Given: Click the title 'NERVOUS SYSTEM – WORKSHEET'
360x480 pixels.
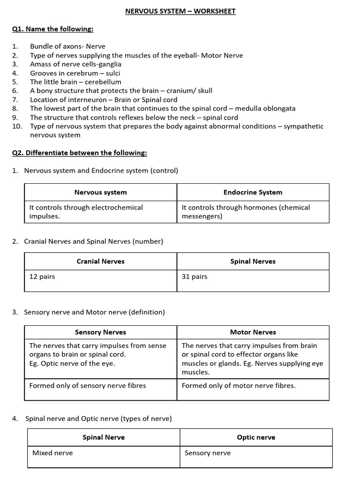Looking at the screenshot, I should coord(180,11).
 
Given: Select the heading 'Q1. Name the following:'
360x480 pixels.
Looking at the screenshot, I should coord(52,29).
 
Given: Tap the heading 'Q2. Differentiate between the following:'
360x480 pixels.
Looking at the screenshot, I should coord(79,153).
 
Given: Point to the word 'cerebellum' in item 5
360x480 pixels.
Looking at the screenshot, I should coord(103,82).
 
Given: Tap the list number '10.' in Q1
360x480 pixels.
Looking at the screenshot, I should coord(17,126).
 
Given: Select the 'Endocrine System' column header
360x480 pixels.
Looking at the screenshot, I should coord(253,192).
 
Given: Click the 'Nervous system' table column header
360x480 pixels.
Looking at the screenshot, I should coord(100,192).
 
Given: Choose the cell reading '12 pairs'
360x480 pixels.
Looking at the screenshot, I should coord(42,277).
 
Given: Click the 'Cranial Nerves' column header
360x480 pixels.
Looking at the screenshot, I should coord(100,261).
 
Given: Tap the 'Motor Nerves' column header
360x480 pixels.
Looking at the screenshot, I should coord(253,332).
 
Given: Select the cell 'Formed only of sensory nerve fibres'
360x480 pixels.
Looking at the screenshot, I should coord(88,385).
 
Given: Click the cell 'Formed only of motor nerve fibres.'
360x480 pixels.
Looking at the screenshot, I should coord(239,385).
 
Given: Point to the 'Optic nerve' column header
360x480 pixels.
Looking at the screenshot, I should coord(256,437).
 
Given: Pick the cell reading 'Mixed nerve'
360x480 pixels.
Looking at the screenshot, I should coord(52,453).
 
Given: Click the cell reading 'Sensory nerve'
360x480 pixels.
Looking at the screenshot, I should coord(208,453).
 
